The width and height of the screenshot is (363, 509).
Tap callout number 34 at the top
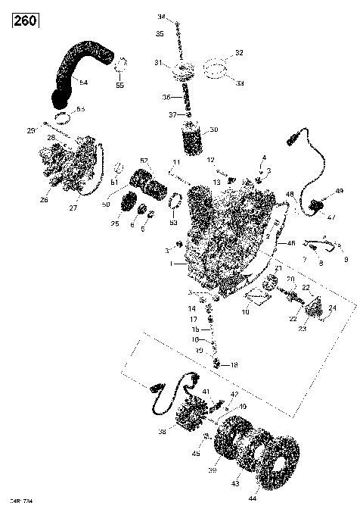[x=160, y=17]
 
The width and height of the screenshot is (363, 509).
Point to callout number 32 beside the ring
[x=239, y=53]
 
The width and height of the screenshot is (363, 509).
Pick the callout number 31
[x=157, y=62]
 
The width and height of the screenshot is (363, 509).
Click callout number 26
[x=43, y=201]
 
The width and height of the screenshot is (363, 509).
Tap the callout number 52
[x=144, y=161]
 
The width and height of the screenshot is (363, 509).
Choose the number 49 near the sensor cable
[x=339, y=190]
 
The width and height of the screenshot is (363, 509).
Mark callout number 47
[x=330, y=217]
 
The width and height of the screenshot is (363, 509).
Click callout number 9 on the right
[x=346, y=260]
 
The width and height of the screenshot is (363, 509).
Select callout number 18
[x=234, y=365]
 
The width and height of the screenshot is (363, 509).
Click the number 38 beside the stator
[x=161, y=432]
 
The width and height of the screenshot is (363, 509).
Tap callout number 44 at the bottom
[x=251, y=500]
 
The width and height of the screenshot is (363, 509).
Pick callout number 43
[x=234, y=483]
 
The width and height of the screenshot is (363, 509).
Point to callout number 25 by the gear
[x=116, y=224]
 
